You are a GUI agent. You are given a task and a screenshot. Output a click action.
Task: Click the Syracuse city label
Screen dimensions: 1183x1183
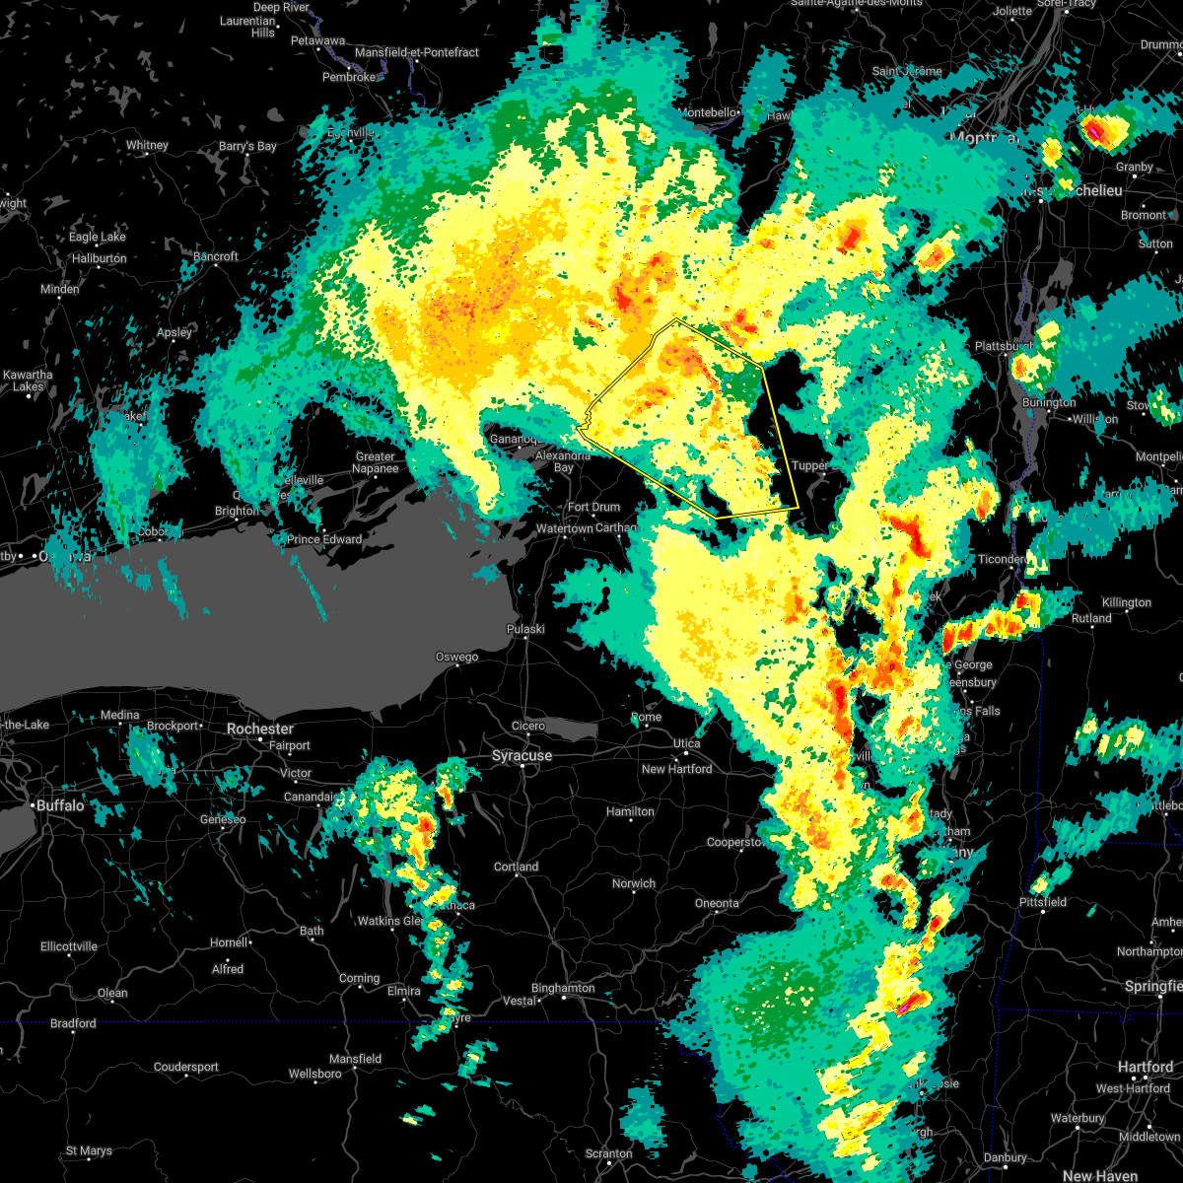[x=522, y=756]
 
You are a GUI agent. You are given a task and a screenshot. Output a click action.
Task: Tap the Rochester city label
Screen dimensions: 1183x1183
[x=260, y=729]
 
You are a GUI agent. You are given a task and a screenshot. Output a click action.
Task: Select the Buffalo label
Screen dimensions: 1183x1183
[x=61, y=805]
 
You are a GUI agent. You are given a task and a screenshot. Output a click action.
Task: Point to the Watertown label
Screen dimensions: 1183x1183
[x=564, y=529]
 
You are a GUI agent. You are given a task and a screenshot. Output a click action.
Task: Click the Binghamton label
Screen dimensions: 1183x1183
[x=563, y=988]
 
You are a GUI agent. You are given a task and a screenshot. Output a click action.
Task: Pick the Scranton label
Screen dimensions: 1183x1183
[x=608, y=1153]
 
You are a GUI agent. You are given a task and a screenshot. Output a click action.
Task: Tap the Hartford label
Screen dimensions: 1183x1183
[x=1147, y=1067]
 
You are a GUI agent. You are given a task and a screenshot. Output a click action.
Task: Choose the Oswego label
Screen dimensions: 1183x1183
[x=457, y=658]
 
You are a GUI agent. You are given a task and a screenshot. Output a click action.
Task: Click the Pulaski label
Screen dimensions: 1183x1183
[x=525, y=629]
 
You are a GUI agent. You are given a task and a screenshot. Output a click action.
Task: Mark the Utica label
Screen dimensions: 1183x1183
[x=687, y=743]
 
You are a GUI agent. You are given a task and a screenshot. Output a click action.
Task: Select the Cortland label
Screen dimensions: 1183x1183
[x=517, y=868]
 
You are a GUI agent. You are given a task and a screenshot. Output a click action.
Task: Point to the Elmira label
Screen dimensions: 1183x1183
[x=404, y=991]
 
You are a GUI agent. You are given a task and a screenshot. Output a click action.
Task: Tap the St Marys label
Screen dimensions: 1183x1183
[x=89, y=1150]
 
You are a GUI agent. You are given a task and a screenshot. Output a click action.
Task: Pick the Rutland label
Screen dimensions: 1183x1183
[x=1091, y=618]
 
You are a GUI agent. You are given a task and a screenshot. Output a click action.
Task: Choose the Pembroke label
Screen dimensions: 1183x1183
[x=349, y=77]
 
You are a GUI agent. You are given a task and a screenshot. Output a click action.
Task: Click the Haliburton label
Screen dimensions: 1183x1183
[x=99, y=259]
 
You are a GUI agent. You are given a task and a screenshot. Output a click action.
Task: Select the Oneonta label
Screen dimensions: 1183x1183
[x=717, y=904]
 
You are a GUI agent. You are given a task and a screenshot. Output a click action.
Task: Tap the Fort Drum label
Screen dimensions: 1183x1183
[x=594, y=508]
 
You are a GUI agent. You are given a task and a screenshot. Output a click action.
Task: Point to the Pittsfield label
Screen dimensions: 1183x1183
[x=1043, y=902]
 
